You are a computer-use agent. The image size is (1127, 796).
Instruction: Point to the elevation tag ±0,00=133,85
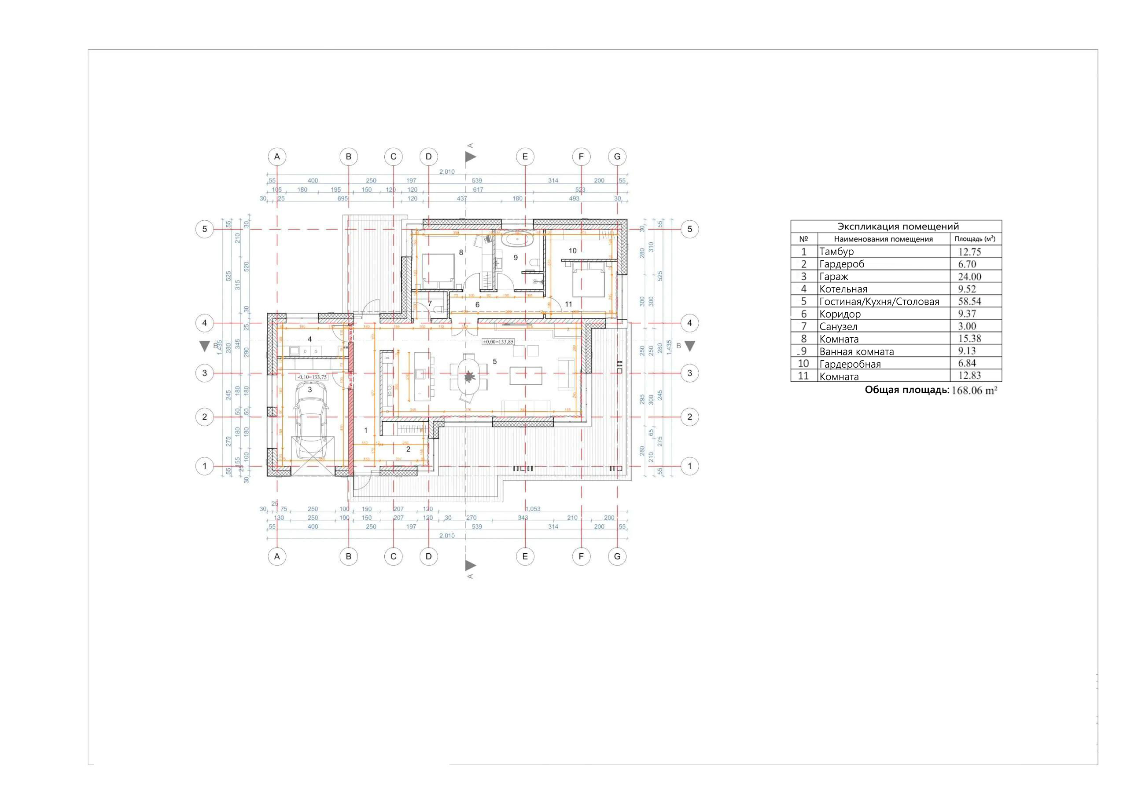tap(498, 342)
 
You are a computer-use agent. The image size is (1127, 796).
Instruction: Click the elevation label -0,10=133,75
tap(312, 377)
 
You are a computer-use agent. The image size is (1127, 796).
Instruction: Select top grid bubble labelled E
tap(525, 157)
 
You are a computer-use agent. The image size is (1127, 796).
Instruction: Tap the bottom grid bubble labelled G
tap(617, 556)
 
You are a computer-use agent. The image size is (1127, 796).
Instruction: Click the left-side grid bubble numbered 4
tap(205, 323)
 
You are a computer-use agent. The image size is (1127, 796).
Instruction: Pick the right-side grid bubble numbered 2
tap(689, 417)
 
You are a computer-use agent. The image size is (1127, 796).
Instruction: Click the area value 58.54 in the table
tap(969, 301)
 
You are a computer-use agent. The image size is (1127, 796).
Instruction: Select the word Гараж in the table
tap(833, 277)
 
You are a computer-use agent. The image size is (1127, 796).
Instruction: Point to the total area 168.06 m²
tap(974, 391)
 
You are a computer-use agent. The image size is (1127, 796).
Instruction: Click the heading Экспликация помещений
tap(898, 226)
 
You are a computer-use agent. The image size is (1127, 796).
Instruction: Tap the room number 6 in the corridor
tap(477, 305)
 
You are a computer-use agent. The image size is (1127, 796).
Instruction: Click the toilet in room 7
tap(440, 309)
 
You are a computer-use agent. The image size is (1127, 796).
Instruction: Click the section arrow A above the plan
tap(470, 157)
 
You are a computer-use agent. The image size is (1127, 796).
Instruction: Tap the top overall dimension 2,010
tap(447, 172)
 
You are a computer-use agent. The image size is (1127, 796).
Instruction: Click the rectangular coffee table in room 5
tap(526, 376)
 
